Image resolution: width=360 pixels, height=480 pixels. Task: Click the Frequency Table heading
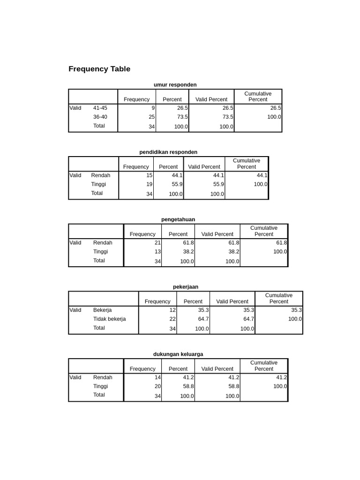(99, 69)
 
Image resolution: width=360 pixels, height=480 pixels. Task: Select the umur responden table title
(175, 84)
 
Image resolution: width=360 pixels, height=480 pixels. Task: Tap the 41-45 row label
(100, 108)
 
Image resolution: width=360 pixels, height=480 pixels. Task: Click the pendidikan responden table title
(168, 152)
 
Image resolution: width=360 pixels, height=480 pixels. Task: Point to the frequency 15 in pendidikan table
(150, 175)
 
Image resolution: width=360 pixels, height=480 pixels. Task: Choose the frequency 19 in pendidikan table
(150, 184)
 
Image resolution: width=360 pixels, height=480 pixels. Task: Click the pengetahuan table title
(178, 219)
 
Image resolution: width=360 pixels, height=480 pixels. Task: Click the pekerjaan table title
(186, 286)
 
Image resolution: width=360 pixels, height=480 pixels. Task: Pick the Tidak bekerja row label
(109, 319)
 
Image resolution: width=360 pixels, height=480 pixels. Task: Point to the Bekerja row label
(102, 310)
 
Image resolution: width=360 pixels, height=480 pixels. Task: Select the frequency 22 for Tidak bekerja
(172, 319)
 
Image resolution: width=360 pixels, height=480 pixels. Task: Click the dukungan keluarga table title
(178, 354)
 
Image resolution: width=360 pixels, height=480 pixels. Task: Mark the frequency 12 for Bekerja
(172, 310)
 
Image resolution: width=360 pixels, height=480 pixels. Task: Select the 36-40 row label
(100, 117)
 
